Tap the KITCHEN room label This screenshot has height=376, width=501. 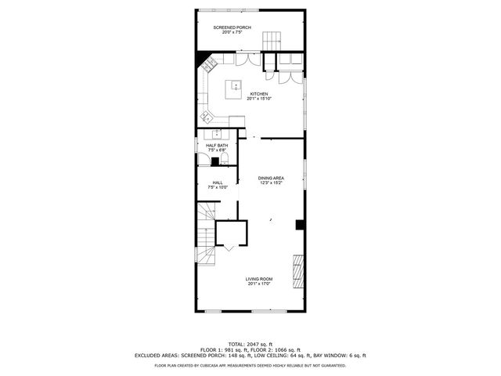click(x=258, y=94)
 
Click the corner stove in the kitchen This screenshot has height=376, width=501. click(x=210, y=64)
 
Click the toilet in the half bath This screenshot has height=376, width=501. click(x=223, y=160)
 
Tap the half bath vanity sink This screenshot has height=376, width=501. click(x=218, y=134)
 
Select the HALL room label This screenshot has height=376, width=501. click(x=217, y=183)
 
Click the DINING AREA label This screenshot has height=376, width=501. click(x=271, y=178)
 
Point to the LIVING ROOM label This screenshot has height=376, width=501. click(x=258, y=280)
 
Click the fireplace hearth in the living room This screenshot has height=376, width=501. click(x=297, y=270)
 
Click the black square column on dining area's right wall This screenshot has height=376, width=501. click(x=300, y=225)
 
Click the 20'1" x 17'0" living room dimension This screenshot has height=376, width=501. click(x=258, y=284)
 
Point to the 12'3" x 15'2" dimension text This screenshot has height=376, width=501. click(x=271, y=183)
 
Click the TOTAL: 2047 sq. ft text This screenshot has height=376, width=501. click(x=250, y=345)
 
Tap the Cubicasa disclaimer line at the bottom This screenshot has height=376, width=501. click(x=250, y=365)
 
